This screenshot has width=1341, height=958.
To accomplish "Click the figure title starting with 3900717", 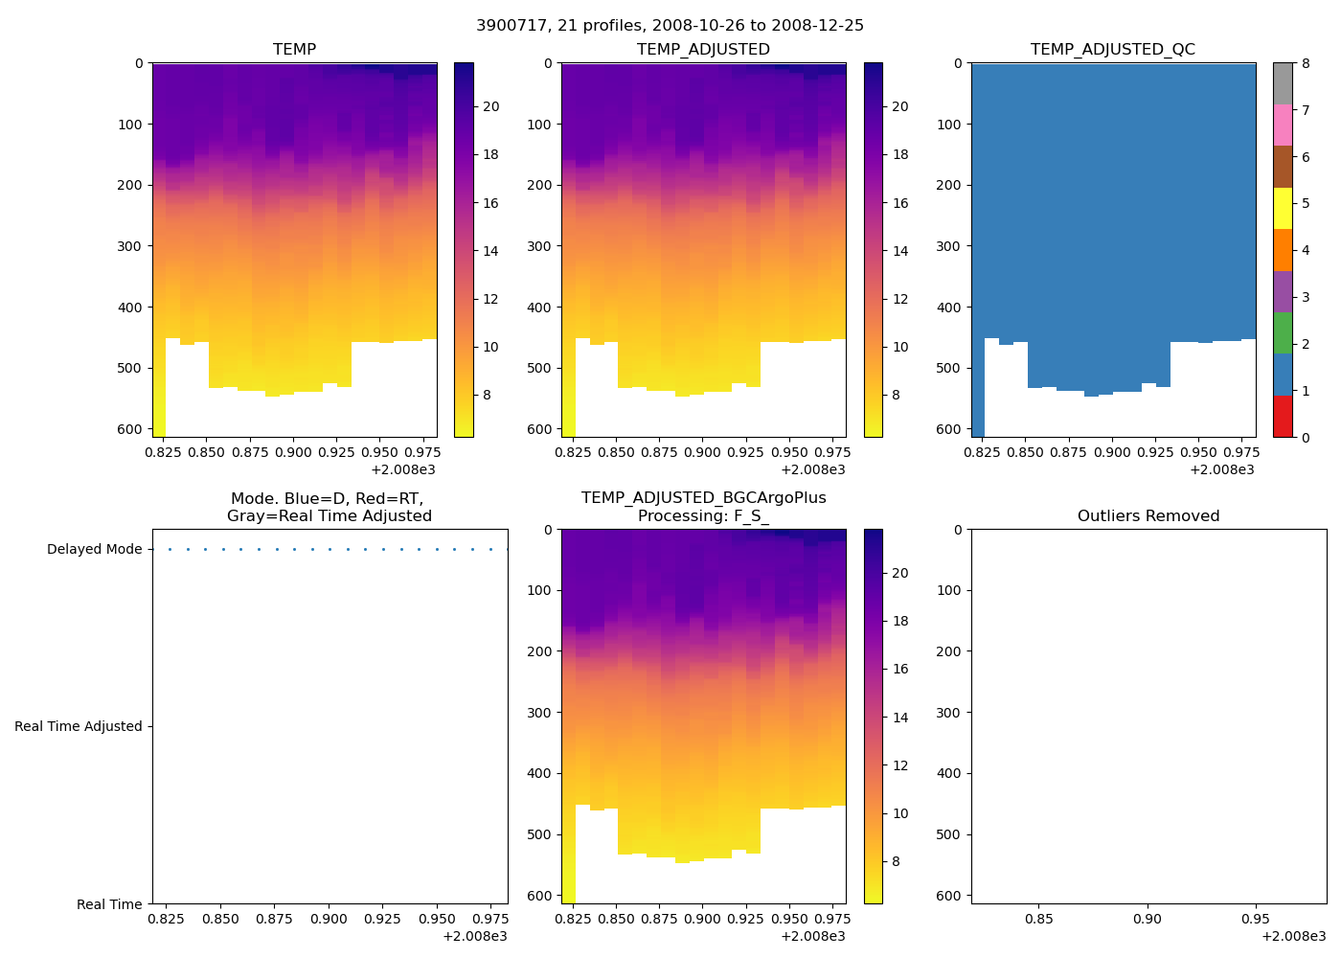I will pyautogui.click(x=670, y=26).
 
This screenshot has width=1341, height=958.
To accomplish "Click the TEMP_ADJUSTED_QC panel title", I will pyautogui.click(x=1112, y=50).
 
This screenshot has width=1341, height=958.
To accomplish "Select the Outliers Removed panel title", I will pyautogui.click(x=1148, y=516).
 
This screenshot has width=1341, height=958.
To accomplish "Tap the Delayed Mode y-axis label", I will pyautogui.click(x=94, y=549).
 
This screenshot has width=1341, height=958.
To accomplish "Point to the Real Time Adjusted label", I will pyautogui.click(x=78, y=726).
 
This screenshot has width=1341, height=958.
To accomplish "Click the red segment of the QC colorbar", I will pyautogui.click(x=1283, y=417).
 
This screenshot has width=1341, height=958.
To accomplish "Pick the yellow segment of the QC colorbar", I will pyautogui.click(x=1283, y=208).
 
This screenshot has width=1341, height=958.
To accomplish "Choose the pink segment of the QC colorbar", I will pyautogui.click(x=1283, y=125).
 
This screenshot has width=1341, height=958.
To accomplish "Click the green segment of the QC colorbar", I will pyautogui.click(x=1283, y=332).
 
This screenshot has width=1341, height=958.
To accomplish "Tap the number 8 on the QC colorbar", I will pyautogui.click(x=1306, y=64).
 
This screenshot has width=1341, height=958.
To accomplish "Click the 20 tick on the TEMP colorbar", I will pyautogui.click(x=490, y=106).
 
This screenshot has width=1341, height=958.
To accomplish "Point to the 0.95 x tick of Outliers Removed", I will pyautogui.click(x=1255, y=920).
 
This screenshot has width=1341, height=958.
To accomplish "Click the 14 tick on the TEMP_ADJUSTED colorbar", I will pyautogui.click(x=900, y=251).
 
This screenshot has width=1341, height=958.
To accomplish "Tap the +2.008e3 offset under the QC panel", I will pyautogui.click(x=1221, y=469).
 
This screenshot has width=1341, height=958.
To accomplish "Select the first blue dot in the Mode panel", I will pyautogui.click(x=170, y=549).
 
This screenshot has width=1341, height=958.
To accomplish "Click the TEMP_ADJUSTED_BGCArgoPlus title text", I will pyautogui.click(x=703, y=498).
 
